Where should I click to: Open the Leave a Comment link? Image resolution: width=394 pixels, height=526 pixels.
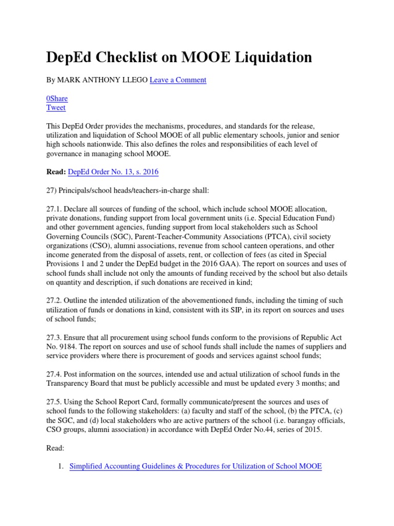click(x=178, y=80)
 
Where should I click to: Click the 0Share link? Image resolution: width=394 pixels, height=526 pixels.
click(x=56, y=98)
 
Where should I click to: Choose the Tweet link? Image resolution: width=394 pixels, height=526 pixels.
click(x=56, y=107)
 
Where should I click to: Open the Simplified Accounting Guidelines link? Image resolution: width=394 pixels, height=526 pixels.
click(x=195, y=466)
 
